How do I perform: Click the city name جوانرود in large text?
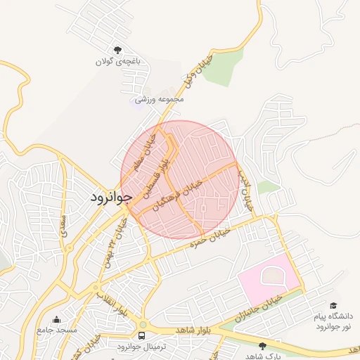click(111, 198)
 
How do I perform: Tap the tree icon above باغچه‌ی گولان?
click(117, 49)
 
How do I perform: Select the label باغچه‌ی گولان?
click(118, 62)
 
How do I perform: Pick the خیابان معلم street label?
click(150, 153)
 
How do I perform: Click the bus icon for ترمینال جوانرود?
click(143, 335)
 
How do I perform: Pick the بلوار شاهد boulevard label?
click(194, 330)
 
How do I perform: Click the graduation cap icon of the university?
click(333, 304)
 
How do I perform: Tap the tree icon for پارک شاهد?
click(263, 345)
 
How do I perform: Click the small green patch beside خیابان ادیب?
click(268, 186)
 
